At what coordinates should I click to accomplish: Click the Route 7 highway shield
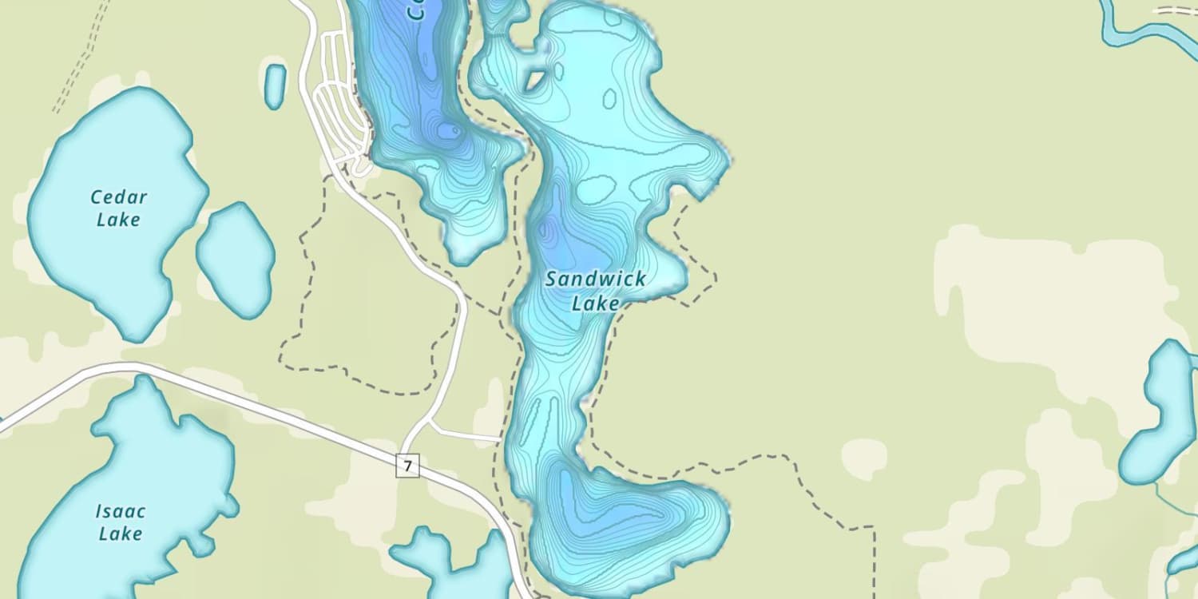(x=407, y=466)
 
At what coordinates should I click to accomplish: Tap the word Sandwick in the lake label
(x=596, y=280)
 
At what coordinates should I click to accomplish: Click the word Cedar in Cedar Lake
(x=118, y=197)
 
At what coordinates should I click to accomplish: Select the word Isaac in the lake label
(x=121, y=511)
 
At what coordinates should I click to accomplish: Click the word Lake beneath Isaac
(x=121, y=534)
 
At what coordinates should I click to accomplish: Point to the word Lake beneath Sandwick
(x=596, y=303)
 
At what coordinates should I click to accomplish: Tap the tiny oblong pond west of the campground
(x=275, y=85)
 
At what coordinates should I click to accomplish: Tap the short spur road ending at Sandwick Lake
(x=467, y=435)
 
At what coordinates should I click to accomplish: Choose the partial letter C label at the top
(x=415, y=10)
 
